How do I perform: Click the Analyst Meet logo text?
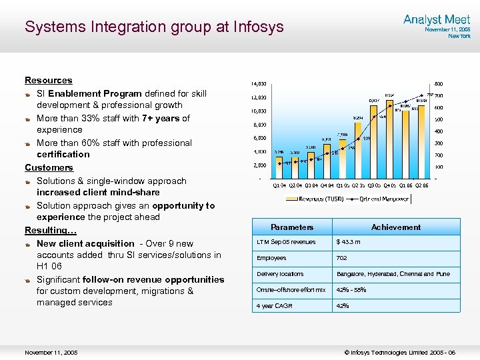pyautogui.click(x=437, y=20)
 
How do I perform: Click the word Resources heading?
pyautogui.click(x=49, y=80)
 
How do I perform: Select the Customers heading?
pyautogui.click(x=49, y=167)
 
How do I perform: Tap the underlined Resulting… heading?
pyautogui.click(x=51, y=230)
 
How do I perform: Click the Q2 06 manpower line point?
pyautogui.click(x=429, y=95)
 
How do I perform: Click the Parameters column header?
pyautogui.click(x=292, y=227)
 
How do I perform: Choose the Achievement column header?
pyautogui.click(x=396, y=227)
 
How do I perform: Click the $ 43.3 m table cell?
pyautogui.click(x=349, y=242)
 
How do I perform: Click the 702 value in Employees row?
pyautogui.click(x=342, y=258)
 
